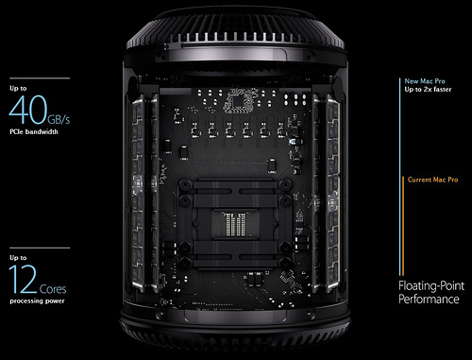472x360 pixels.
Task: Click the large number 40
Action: (x=28, y=110)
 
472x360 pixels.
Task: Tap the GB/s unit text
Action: (x=59, y=119)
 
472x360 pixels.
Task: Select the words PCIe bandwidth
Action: (x=34, y=131)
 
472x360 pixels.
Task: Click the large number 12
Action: (x=23, y=279)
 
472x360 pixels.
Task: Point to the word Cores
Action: (x=53, y=289)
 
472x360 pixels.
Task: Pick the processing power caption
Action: (x=37, y=300)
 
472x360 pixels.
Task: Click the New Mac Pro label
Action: (x=425, y=81)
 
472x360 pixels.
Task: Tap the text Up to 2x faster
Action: (x=428, y=90)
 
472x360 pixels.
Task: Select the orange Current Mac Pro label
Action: (x=433, y=180)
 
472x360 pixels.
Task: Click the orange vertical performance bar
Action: (x=403, y=226)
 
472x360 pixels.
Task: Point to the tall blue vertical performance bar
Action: (x=400, y=177)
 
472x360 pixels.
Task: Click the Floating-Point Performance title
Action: (x=431, y=292)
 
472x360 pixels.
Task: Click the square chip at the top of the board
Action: (x=238, y=101)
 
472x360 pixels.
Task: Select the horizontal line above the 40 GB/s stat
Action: (x=40, y=78)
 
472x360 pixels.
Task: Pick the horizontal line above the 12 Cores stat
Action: (x=40, y=248)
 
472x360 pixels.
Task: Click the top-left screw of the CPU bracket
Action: (x=185, y=183)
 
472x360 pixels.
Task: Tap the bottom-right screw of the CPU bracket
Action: (x=286, y=262)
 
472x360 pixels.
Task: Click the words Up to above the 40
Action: (x=18, y=88)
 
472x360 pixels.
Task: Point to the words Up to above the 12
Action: (x=18, y=258)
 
